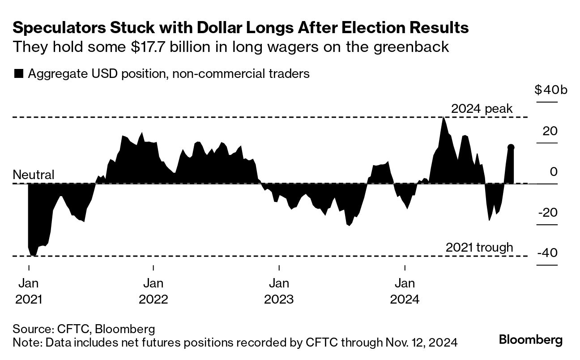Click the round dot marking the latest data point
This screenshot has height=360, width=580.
point(511,147)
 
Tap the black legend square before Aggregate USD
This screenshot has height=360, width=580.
point(18,74)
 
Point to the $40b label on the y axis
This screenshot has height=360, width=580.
point(550,90)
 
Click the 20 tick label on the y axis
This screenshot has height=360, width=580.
point(550,132)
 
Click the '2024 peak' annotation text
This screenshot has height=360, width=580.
point(482,109)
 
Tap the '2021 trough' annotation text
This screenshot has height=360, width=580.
point(479,248)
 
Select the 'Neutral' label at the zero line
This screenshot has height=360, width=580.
point(34,175)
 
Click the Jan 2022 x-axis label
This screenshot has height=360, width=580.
point(154,291)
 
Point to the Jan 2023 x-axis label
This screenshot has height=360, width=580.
point(279,291)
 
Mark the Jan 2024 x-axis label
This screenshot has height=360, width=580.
point(405,291)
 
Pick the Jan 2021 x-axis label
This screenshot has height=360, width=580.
point(29,291)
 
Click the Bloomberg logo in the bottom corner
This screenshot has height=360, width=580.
point(531,339)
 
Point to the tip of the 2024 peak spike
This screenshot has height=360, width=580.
point(443,117)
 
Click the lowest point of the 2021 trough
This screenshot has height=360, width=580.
point(34,256)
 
